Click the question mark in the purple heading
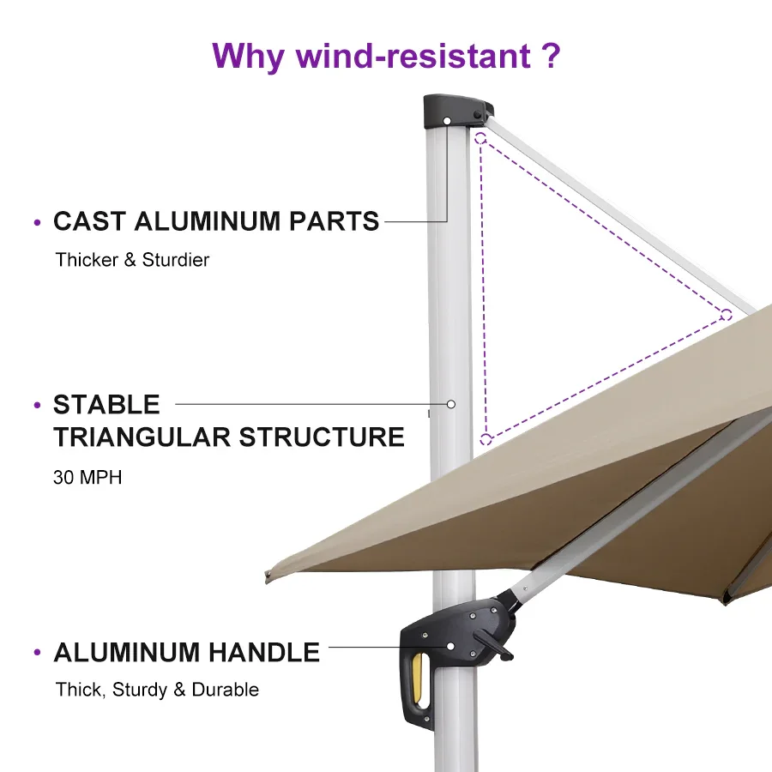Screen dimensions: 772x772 tap(552, 57)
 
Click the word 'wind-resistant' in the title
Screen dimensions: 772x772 tap(413, 57)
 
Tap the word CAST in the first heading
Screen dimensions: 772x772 tap(89, 221)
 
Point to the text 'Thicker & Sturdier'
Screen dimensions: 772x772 tap(132, 259)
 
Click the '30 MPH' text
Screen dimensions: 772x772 tap(87, 477)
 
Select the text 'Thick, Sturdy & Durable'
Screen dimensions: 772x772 tap(157, 690)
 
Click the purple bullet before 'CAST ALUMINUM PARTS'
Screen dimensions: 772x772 tap(37, 223)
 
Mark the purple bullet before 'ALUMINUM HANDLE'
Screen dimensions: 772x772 tap(37, 654)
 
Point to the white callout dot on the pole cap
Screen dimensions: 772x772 tap(447, 123)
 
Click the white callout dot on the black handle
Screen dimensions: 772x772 tap(450, 646)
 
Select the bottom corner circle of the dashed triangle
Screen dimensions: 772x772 tap(486, 439)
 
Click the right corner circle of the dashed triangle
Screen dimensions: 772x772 tap(726, 314)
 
